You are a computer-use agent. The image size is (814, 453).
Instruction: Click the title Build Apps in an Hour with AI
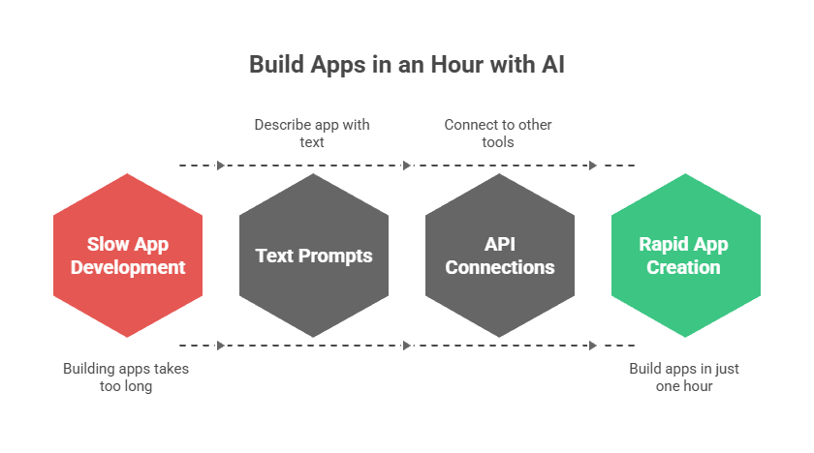407,65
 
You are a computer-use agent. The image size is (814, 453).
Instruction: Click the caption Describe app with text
312,133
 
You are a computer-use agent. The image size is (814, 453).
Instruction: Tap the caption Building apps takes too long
126,377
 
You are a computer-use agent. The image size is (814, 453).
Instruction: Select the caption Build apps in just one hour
684,377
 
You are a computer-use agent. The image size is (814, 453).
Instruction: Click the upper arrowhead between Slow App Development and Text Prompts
221,166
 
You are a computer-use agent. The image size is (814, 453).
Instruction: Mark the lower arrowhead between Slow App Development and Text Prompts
221,345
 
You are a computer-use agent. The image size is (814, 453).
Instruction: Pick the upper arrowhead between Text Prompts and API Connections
407,166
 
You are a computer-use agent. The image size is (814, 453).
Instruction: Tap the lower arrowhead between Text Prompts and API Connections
407,345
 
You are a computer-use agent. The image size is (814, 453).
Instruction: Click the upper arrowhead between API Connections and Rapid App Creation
593,166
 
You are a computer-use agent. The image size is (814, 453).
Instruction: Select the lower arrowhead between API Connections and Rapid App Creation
593,345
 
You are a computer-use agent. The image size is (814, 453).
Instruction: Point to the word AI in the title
552,65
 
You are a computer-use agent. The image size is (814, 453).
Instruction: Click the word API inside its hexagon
500,245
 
